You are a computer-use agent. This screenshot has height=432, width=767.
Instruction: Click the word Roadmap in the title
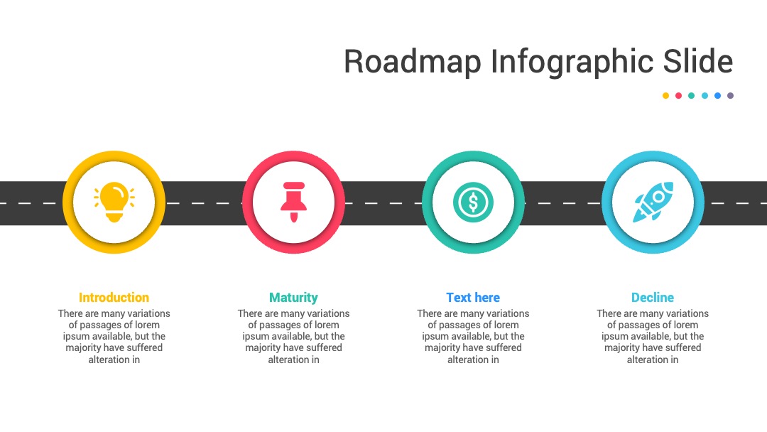[x=413, y=62]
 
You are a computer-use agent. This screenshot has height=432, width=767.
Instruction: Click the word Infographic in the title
[x=571, y=62]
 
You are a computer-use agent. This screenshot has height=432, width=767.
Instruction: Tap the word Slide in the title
[x=698, y=61]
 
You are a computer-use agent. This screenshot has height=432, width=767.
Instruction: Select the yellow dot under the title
[x=665, y=96]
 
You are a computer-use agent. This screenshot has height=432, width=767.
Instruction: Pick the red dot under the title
[x=678, y=96]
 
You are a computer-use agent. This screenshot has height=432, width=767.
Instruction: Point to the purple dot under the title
[x=730, y=96]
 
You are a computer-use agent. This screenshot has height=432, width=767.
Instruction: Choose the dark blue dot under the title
[x=717, y=96]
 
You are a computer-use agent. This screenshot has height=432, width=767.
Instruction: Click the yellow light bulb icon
[x=114, y=202]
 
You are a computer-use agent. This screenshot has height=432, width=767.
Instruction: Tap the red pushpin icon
[x=293, y=202]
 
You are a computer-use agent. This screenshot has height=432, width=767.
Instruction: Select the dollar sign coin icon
[x=473, y=202]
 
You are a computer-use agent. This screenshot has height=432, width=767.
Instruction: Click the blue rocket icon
[x=653, y=202]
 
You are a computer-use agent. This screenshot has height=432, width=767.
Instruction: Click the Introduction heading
[x=114, y=298]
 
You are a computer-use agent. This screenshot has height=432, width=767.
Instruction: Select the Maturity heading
[x=293, y=298]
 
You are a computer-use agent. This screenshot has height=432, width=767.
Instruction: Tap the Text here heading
[x=473, y=298]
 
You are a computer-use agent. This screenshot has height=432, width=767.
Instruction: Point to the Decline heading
[x=653, y=298]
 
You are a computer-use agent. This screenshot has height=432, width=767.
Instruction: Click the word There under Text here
[x=429, y=313]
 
